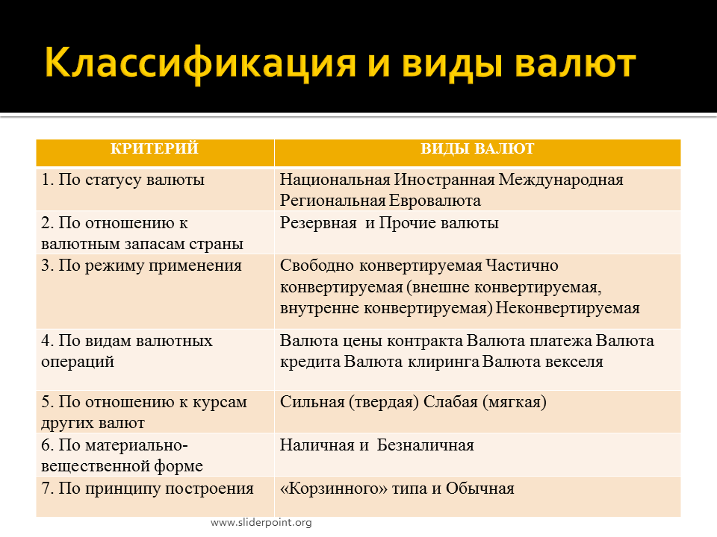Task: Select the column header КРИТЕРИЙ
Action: coord(155,148)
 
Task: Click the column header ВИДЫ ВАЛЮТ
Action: coord(477,149)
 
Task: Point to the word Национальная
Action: coord(335,180)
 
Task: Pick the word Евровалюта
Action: coord(435,201)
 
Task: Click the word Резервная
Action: coord(318,223)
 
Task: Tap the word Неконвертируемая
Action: coord(568,308)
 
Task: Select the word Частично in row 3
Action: coord(522,266)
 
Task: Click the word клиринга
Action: coord(444,362)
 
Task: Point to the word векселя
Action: coord(573,362)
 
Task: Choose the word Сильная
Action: coord(312,402)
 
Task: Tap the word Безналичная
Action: coord(425,445)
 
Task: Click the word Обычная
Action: coord(480,489)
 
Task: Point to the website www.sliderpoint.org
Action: coord(261,522)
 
